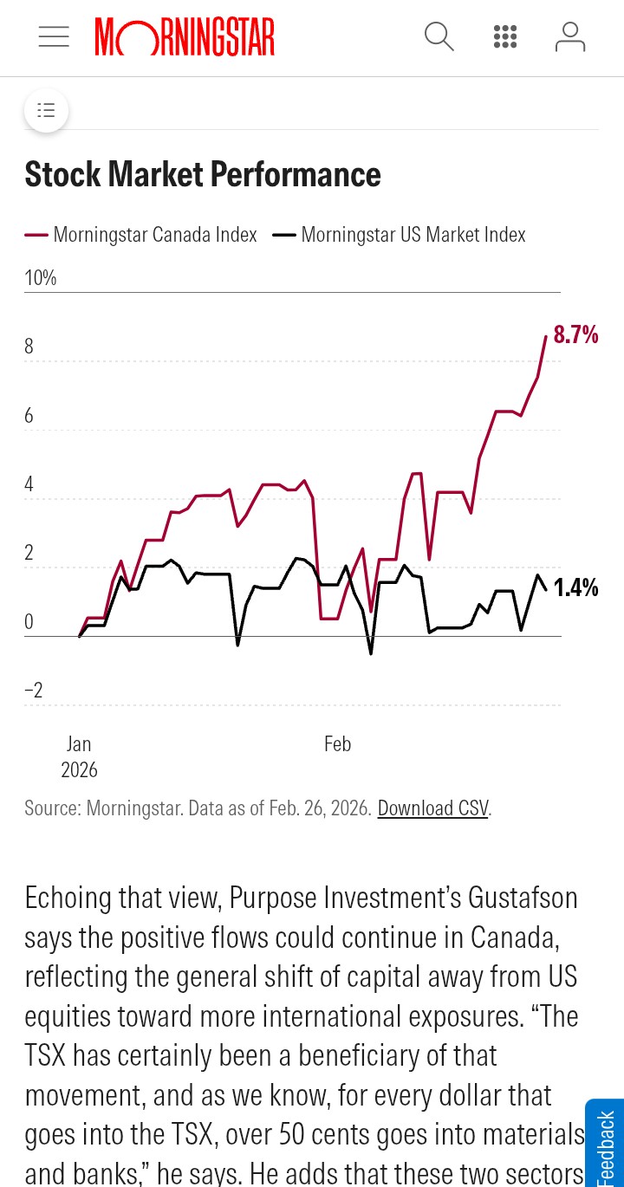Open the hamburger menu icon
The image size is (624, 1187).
pos(54,36)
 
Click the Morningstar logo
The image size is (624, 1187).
pos(185,36)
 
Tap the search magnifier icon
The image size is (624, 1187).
pos(439,36)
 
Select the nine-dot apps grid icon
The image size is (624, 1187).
pos(505,36)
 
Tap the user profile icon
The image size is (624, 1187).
pos(569,36)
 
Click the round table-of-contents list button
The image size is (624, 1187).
pos(46,110)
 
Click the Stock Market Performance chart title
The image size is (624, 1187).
pos(203,174)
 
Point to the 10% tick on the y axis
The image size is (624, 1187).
pos(41,278)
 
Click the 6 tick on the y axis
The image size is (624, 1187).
pos(29,416)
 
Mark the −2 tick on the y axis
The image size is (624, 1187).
pos(34,691)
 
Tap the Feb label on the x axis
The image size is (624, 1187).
pos(337,743)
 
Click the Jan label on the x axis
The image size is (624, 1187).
pos(79,743)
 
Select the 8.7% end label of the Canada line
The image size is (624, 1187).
pos(575,334)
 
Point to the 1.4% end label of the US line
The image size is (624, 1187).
pos(575,588)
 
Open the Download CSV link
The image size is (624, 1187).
pos(432,808)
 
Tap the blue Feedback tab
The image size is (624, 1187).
pos(606,1144)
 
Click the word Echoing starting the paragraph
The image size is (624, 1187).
pos(68,897)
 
